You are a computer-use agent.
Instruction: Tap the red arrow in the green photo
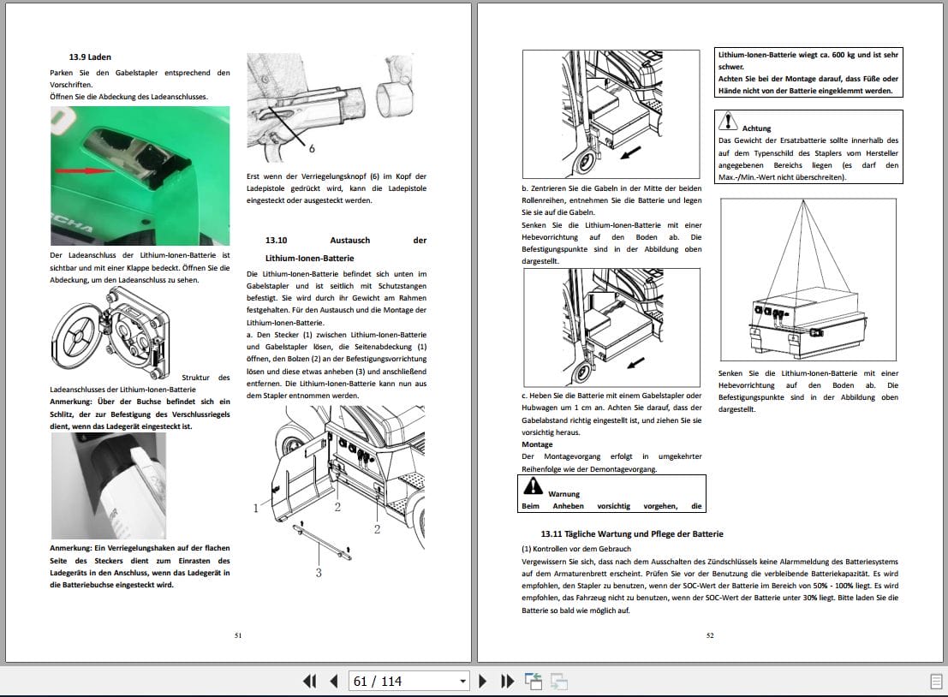point(85,171)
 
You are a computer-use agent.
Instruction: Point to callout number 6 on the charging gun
point(311,148)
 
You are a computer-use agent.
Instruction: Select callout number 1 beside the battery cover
point(255,508)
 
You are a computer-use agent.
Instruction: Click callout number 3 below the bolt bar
point(319,572)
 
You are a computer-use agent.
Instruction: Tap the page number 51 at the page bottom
point(238,635)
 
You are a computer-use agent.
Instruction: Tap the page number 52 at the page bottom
point(710,635)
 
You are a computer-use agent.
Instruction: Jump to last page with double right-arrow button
point(508,682)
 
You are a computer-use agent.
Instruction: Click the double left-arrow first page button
point(310,682)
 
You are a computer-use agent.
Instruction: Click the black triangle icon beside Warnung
point(534,486)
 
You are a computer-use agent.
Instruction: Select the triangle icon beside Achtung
point(728,121)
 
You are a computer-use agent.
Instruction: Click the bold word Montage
point(537,444)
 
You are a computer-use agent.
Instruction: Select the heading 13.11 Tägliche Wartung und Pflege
point(632,533)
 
